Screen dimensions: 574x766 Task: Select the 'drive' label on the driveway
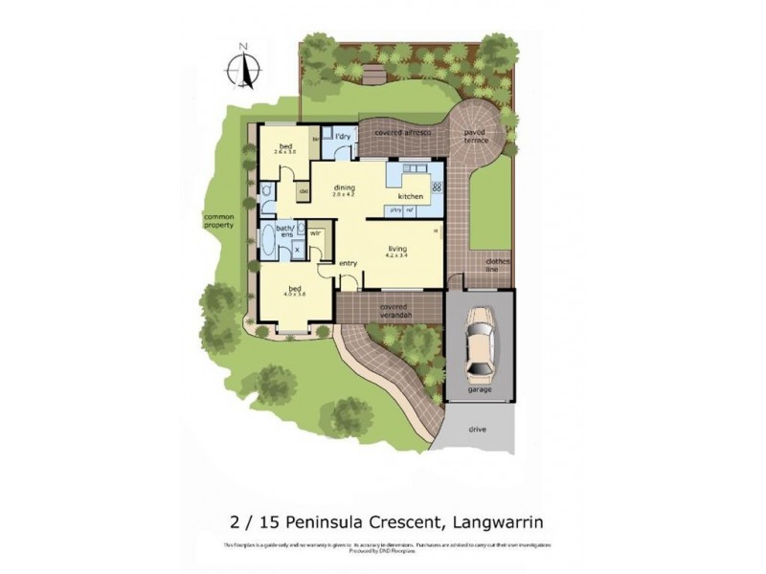(478, 430)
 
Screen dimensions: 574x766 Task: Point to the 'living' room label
(396, 247)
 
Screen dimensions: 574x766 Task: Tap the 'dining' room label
(344, 188)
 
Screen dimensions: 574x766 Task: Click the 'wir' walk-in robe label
(315, 232)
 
